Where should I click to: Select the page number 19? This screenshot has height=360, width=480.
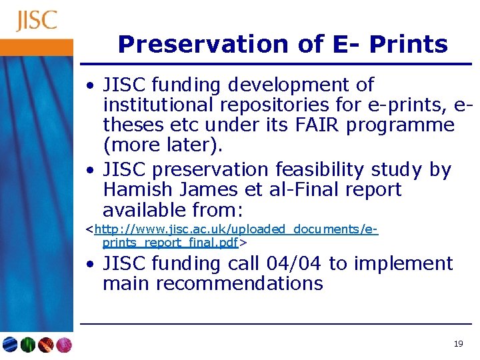click(x=457, y=344)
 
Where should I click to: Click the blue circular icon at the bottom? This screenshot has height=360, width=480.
click(x=10, y=345)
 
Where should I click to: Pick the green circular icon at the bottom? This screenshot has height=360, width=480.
click(x=28, y=345)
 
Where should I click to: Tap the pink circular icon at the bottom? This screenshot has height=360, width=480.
click(x=63, y=345)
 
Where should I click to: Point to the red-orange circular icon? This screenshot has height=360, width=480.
click(x=45, y=345)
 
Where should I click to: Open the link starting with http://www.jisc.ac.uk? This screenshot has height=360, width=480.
click(x=236, y=229)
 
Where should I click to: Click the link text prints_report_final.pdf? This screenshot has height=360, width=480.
click(x=171, y=242)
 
